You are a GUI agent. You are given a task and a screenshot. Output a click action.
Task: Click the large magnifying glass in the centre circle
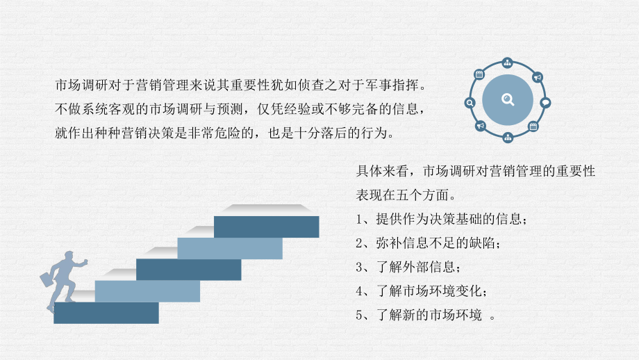(508, 99)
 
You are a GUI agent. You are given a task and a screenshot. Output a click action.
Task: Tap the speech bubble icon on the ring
(545, 103)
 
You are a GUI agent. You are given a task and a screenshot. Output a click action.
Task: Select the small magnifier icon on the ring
(470, 103)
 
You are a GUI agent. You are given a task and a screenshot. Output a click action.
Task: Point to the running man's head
(69, 256)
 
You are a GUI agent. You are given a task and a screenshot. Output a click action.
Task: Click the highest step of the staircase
(267, 227)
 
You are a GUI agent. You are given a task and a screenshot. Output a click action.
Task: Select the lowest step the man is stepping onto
(106, 313)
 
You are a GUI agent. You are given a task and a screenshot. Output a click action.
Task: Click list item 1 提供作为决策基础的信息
(441, 219)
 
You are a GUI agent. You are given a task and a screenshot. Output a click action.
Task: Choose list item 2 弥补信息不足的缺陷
(428, 243)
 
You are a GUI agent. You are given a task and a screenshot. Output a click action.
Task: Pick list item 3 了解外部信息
(408, 267)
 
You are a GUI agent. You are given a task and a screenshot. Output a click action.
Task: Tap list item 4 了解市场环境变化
(422, 291)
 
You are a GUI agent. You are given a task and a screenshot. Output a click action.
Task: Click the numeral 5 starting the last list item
(359, 315)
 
